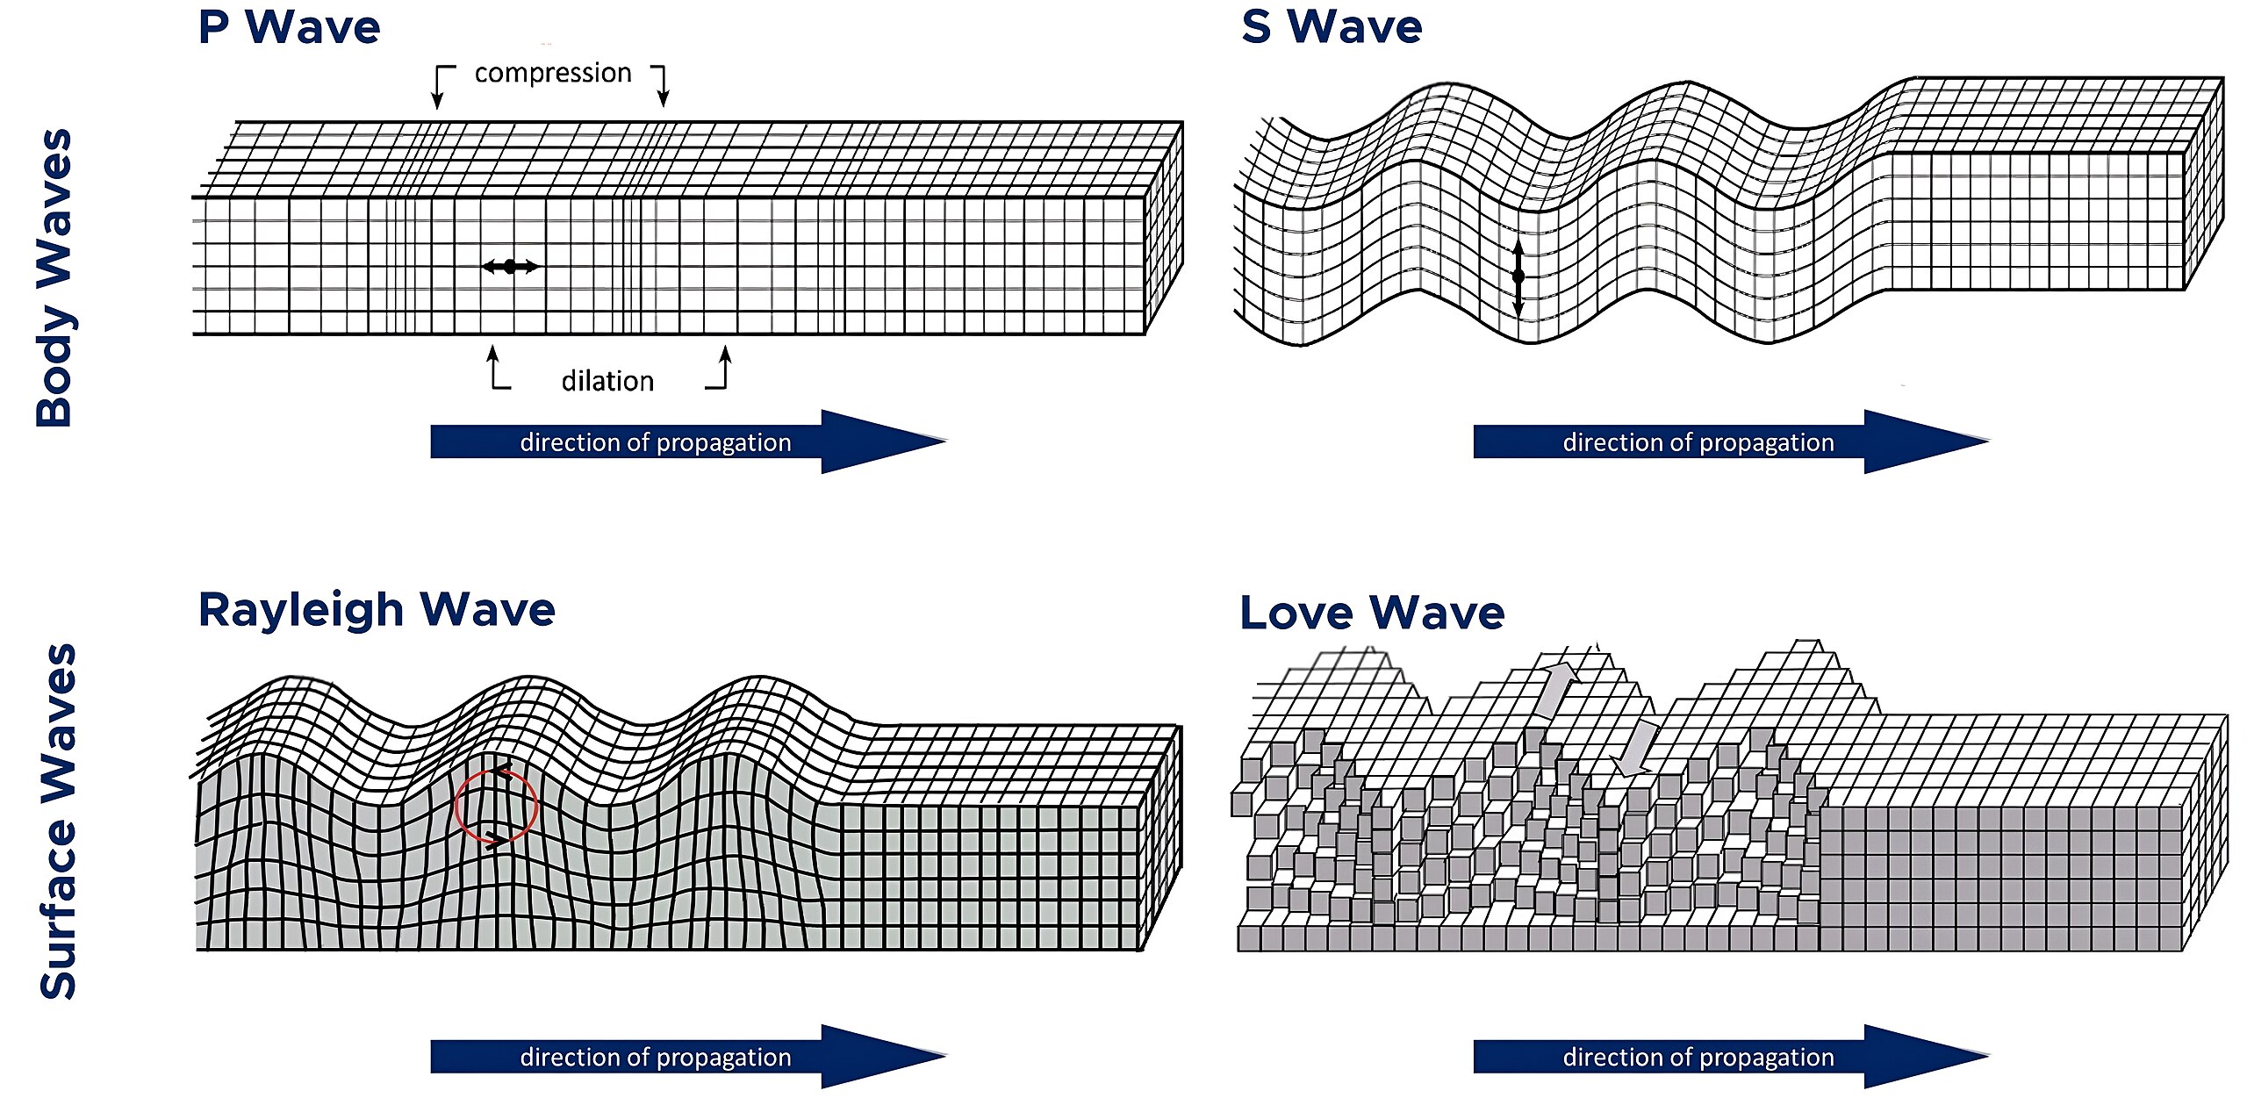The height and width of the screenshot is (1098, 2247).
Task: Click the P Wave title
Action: [x=289, y=27]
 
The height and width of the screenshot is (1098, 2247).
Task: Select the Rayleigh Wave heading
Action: [x=377, y=609]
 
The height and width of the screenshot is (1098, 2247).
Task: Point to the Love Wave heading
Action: [x=1371, y=612]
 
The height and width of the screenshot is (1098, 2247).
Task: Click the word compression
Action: [x=553, y=73]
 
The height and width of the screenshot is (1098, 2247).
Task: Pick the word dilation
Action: [x=607, y=381]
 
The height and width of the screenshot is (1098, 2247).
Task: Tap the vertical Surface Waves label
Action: [x=58, y=822]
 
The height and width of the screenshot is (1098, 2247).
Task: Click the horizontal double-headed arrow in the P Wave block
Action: [x=510, y=266]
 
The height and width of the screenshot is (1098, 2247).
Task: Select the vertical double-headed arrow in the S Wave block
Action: [x=1518, y=276]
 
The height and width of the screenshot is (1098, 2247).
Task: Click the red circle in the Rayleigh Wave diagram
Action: [x=496, y=807]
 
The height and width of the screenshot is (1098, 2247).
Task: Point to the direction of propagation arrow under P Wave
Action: [x=688, y=441]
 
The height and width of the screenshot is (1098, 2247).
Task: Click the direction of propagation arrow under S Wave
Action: [x=1731, y=441]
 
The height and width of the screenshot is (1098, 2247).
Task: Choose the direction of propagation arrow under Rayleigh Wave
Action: [x=688, y=1057]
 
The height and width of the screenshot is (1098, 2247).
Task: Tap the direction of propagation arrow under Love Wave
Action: [x=1731, y=1057]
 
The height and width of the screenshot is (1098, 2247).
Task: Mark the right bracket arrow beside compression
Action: [x=661, y=84]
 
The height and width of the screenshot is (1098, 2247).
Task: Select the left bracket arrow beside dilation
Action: [x=497, y=369]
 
